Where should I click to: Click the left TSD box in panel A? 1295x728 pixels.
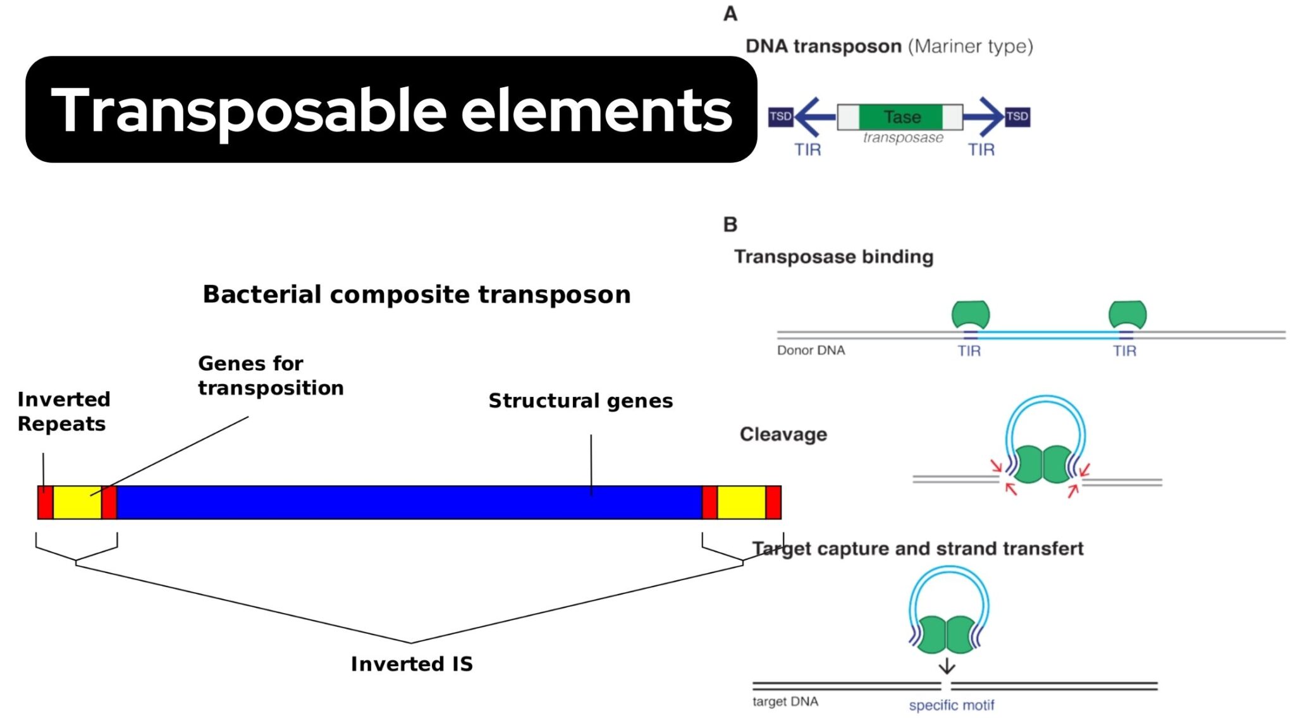tap(780, 117)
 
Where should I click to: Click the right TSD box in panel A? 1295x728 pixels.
tap(1017, 117)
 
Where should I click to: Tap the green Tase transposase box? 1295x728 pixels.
tap(901, 117)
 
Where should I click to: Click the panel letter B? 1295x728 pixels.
tap(730, 224)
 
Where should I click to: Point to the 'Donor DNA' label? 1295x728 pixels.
tap(811, 350)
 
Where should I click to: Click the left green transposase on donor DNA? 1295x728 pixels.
tap(971, 314)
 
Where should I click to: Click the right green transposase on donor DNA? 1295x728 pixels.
tap(1127, 314)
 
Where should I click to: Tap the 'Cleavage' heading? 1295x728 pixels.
tap(783, 434)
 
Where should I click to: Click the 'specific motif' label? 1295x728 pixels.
tap(951, 705)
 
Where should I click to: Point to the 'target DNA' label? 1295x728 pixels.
tap(785, 701)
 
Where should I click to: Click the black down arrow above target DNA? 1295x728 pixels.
tap(947, 666)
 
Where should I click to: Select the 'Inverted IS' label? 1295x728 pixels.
tap(412, 664)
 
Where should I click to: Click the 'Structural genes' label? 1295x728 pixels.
tap(580, 401)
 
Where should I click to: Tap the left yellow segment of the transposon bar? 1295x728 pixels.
tap(77, 502)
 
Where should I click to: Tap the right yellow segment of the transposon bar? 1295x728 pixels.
tap(741, 502)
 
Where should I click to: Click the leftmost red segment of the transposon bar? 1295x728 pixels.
tap(45, 502)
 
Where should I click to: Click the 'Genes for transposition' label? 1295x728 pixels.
tap(271, 375)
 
